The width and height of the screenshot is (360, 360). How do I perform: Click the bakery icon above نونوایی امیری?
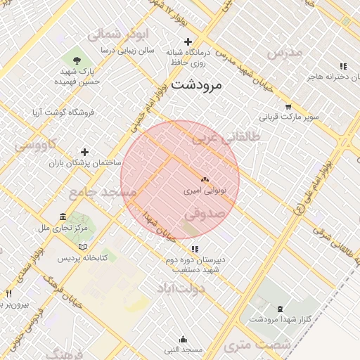point(205,181)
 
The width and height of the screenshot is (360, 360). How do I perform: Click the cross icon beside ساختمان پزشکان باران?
point(85,152)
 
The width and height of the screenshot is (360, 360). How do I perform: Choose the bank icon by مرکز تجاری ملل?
point(63,217)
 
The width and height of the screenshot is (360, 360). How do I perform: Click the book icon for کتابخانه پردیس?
point(83,247)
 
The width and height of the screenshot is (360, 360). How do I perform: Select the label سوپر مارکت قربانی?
point(290,115)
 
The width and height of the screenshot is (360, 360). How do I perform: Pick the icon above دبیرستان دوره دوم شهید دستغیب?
point(195,248)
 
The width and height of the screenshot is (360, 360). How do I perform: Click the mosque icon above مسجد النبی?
point(184,340)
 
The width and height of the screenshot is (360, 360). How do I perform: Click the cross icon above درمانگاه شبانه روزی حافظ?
point(188,41)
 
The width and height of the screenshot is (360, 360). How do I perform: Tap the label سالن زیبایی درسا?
point(127,51)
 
